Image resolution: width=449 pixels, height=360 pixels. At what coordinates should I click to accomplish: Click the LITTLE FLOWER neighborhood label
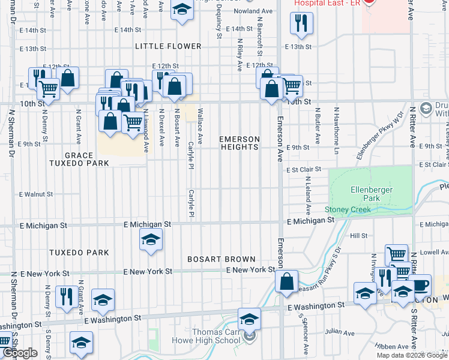pyautogui.click(x=168, y=46)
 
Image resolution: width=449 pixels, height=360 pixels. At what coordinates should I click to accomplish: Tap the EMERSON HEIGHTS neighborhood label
pyautogui.click(x=240, y=143)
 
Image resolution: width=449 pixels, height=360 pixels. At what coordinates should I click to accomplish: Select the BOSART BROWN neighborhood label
pyautogui.click(x=221, y=259)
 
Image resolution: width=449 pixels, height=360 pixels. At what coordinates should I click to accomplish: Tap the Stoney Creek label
pyautogui.click(x=348, y=209)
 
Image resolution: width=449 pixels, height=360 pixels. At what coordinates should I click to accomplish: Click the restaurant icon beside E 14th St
pyautogui.click(x=300, y=23)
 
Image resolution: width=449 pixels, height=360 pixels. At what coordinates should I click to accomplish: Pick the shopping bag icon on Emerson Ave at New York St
pyautogui.click(x=287, y=280)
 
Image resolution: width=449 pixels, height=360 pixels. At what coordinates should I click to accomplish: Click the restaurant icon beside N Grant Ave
pyautogui.click(x=65, y=296)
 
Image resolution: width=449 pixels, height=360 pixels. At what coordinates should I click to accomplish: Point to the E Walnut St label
pyautogui.click(x=36, y=194)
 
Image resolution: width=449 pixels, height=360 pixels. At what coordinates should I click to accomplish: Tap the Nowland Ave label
pyautogui.click(x=253, y=11)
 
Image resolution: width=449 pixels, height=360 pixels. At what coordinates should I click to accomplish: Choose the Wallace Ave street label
pyautogui.click(x=200, y=126)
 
